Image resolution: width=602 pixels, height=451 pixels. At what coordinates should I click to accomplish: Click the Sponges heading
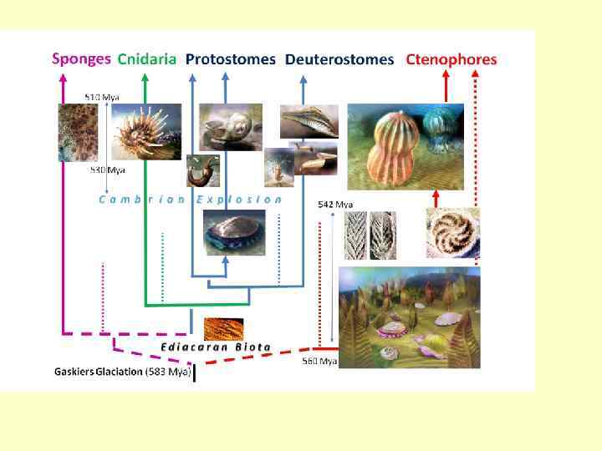(81, 58)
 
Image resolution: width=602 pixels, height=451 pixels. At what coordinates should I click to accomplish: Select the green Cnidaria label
(147, 58)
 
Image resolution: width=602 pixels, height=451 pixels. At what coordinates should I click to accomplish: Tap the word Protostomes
(230, 59)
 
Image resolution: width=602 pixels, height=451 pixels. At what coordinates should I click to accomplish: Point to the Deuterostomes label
(339, 59)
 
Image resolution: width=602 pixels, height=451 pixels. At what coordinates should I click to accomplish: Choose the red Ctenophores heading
(451, 59)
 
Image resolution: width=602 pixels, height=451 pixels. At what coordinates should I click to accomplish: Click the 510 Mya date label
(102, 97)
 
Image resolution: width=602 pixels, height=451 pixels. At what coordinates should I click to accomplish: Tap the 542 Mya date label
(335, 204)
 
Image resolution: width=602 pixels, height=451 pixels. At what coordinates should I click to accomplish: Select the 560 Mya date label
(319, 361)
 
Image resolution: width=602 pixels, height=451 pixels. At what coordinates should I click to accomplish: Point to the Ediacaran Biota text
(216, 346)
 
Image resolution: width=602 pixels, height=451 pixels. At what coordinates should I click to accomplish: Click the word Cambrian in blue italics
(141, 200)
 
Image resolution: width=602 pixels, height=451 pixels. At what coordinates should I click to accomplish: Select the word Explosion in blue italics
(239, 200)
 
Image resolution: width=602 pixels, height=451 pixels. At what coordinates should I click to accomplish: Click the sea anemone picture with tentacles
(141, 132)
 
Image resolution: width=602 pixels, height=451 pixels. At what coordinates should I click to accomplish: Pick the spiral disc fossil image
(452, 232)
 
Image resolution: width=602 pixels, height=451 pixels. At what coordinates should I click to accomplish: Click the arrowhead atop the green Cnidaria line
(145, 77)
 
